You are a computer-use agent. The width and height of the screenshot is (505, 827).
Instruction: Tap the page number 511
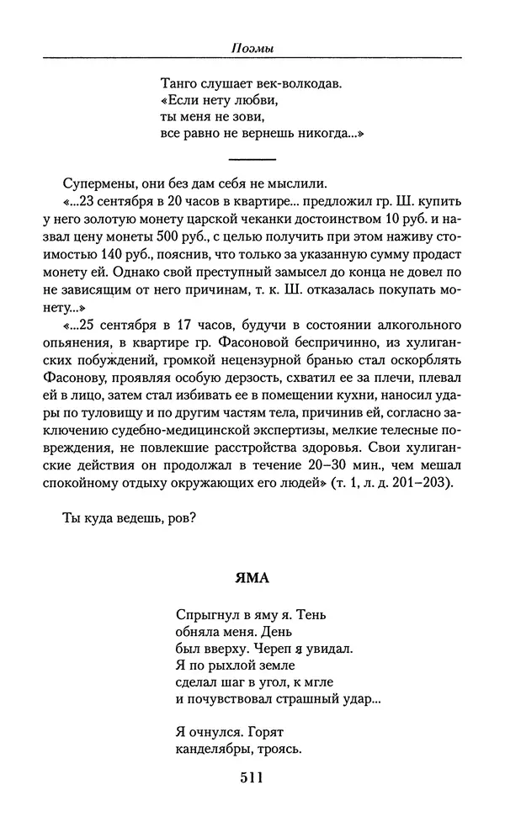click(252, 777)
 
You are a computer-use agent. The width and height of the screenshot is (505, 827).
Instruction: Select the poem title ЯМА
click(252, 578)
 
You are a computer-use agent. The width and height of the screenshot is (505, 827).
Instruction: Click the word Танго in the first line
click(177, 84)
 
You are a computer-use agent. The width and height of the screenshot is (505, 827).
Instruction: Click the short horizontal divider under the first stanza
click(252, 159)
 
